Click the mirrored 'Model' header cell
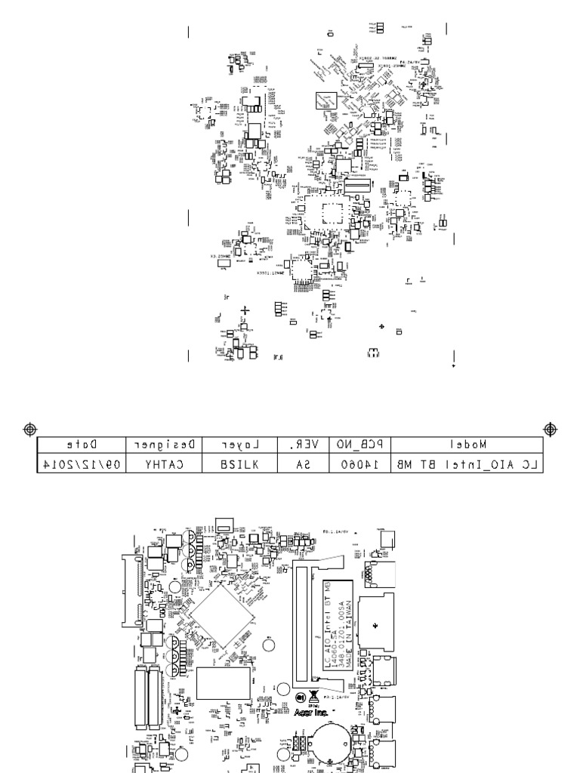pos(467,445)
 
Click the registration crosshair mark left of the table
pos(29,428)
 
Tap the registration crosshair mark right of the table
pos(550,429)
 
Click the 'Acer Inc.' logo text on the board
pos(311,711)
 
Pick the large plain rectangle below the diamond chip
pos(224,685)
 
